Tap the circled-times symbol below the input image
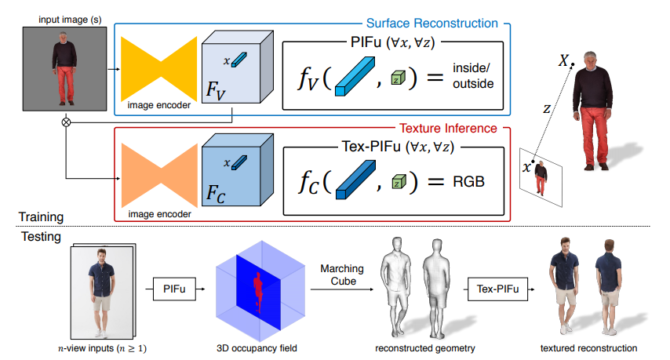click(x=67, y=122)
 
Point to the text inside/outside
click(x=470, y=77)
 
